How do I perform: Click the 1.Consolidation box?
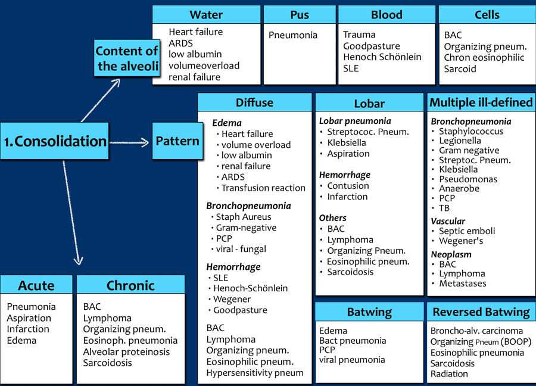pos(54,141)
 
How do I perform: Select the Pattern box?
pos(177,141)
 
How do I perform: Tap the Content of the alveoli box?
pos(127,58)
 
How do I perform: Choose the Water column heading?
pos(206,15)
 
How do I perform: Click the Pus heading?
pos(300,15)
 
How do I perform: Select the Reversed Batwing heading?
pos(481,312)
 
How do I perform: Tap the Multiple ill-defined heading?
pos(481,102)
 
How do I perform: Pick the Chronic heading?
pos(130,286)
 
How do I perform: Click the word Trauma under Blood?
pos(359,35)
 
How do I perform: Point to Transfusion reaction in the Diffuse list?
pos(263,188)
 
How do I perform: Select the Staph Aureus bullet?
pos(243,217)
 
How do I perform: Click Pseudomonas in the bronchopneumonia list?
pos(468,179)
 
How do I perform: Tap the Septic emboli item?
pos(467,231)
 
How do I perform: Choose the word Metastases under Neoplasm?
pos(463,284)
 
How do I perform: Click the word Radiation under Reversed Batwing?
pos(449,374)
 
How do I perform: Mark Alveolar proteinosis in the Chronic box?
pos(126,351)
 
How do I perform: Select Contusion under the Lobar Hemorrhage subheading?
pos(348,186)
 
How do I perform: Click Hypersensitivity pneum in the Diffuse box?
pos(255,373)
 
